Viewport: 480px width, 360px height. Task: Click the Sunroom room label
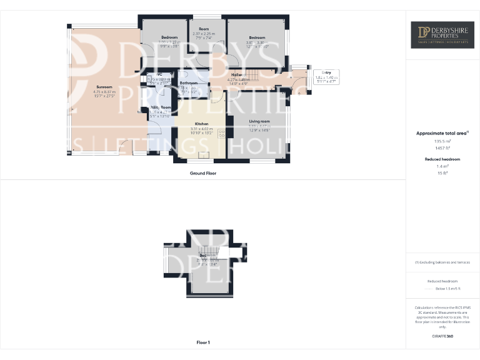tap(104, 87)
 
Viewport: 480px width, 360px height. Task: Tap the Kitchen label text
tap(201, 124)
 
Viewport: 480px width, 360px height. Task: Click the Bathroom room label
tap(189, 83)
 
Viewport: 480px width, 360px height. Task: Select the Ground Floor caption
tap(203, 173)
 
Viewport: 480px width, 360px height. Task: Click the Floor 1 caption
tap(203, 342)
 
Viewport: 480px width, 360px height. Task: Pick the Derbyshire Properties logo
tap(442, 35)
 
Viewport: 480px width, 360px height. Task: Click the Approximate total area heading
tap(441, 133)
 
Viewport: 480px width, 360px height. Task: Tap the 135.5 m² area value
tap(442, 141)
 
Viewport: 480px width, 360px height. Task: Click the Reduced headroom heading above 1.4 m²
tap(442, 159)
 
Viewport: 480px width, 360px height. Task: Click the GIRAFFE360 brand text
tap(442, 336)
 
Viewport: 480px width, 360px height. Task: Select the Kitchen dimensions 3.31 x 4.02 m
tap(202, 129)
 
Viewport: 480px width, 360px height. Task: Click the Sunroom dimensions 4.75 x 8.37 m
tap(104, 92)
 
